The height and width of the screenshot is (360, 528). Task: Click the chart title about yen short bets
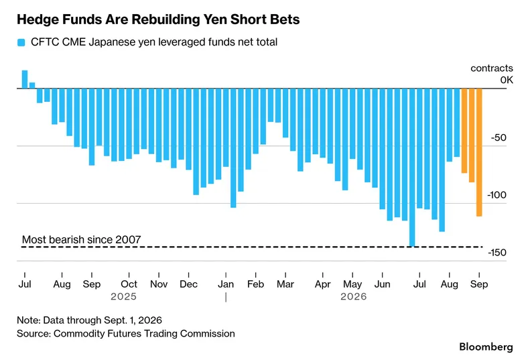click(x=158, y=19)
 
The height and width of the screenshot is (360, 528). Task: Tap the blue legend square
click(x=21, y=42)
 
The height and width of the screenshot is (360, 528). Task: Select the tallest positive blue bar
click(x=25, y=80)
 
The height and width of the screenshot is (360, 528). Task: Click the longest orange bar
click(x=479, y=152)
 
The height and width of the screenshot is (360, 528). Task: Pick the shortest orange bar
click(x=464, y=131)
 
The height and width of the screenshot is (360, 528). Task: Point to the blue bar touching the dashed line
click(x=412, y=168)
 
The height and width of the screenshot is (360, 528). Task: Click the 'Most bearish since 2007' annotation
click(x=82, y=239)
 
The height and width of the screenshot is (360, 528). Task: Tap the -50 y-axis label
click(x=499, y=137)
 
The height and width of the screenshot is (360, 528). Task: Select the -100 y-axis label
click(x=497, y=195)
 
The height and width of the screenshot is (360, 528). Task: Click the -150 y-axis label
click(x=497, y=253)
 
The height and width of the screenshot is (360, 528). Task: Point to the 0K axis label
click(x=507, y=80)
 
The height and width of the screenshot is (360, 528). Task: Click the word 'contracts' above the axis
click(x=492, y=68)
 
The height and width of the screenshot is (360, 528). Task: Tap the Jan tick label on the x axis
click(x=226, y=284)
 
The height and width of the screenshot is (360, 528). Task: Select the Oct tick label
click(x=129, y=284)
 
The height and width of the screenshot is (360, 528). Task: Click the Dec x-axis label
click(x=188, y=284)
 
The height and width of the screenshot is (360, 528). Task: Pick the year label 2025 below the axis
click(x=123, y=296)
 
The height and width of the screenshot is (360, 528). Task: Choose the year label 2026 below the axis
click(x=353, y=296)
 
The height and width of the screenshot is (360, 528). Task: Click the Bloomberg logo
click(x=486, y=347)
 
